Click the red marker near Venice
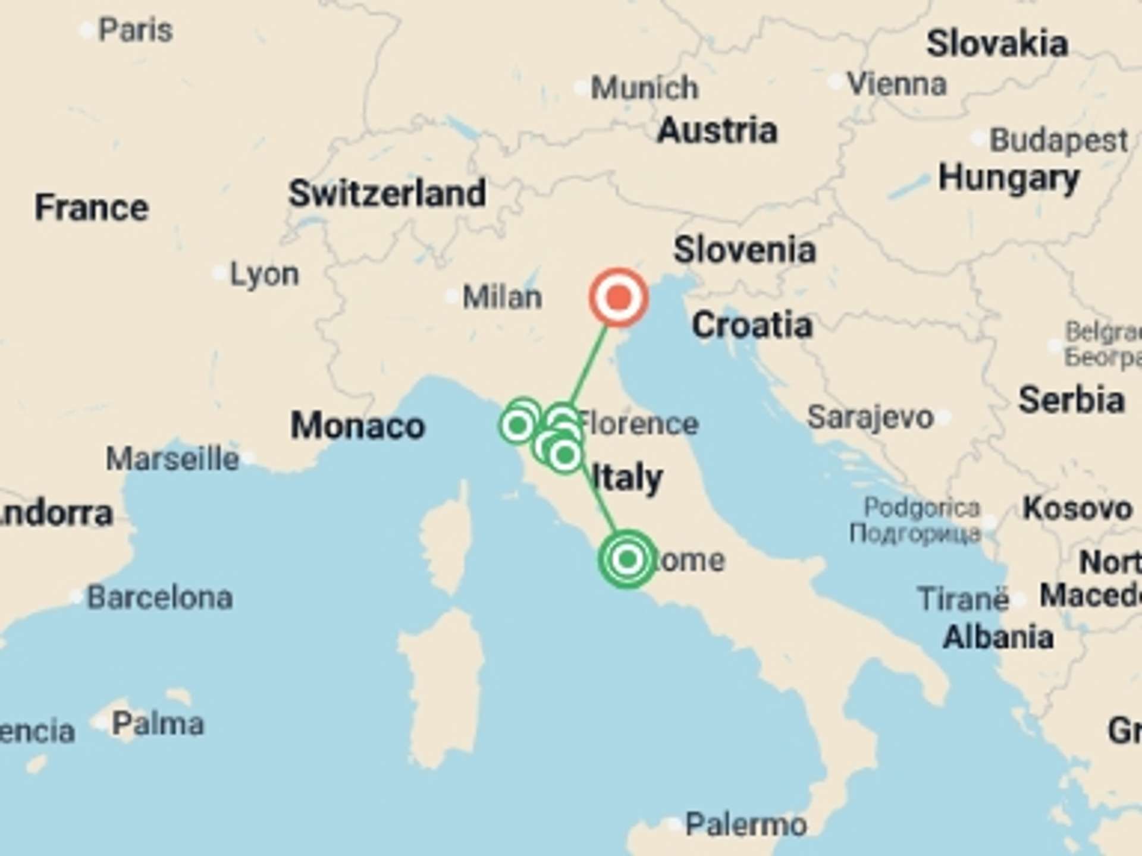point(619,297)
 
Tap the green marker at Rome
point(628,559)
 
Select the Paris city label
point(135,30)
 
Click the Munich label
point(644,88)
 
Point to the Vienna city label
point(896,84)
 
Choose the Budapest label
point(1058,141)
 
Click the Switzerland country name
point(387,193)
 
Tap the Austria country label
point(717,130)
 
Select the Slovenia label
point(744,250)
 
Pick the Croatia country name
point(752,325)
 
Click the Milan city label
point(502,297)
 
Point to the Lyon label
point(264,274)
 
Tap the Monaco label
point(357,426)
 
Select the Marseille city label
point(172,459)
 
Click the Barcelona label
point(159,597)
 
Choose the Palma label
point(158,723)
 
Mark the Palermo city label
point(746,824)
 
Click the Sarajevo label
point(870,417)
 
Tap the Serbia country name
point(1071,399)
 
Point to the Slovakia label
point(997,44)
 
